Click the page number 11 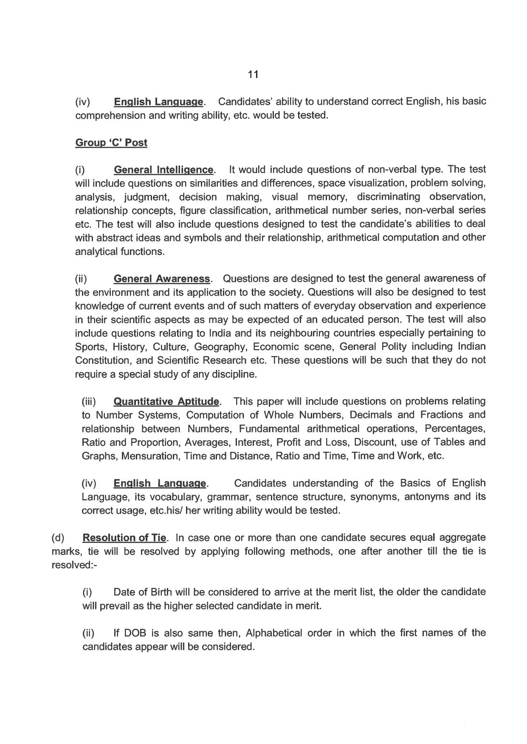(253, 75)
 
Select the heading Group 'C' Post (111, 143)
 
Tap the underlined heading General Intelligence (163, 170)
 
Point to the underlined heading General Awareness (162, 279)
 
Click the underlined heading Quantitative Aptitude (166, 401)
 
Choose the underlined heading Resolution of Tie (124, 538)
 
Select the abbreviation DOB (136, 633)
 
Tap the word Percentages (455, 429)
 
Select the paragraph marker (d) (58, 538)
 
